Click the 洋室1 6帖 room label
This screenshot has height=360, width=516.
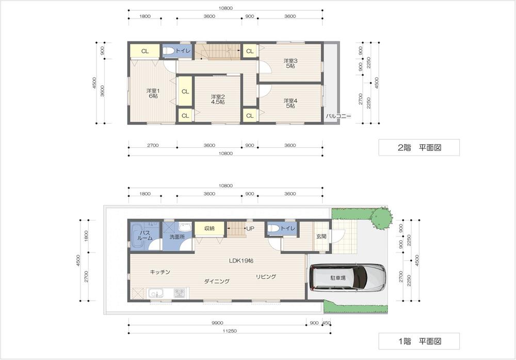coord(153,93)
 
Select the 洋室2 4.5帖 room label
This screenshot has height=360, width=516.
coord(217,99)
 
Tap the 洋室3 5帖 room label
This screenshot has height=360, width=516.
coord(290,64)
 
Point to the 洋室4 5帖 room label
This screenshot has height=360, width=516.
coord(289,102)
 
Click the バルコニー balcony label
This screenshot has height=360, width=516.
coord(338,116)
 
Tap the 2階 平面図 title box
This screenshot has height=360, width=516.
coord(418,148)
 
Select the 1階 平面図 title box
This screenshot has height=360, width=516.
coord(418,341)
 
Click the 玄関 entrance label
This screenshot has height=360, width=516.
coord(321,237)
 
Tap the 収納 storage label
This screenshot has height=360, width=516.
coord(209,228)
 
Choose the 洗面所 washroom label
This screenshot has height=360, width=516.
coord(177,237)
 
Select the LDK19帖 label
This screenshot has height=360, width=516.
coord(241,261)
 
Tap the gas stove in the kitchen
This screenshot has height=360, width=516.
coord(180,293)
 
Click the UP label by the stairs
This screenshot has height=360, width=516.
coord(250,228)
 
